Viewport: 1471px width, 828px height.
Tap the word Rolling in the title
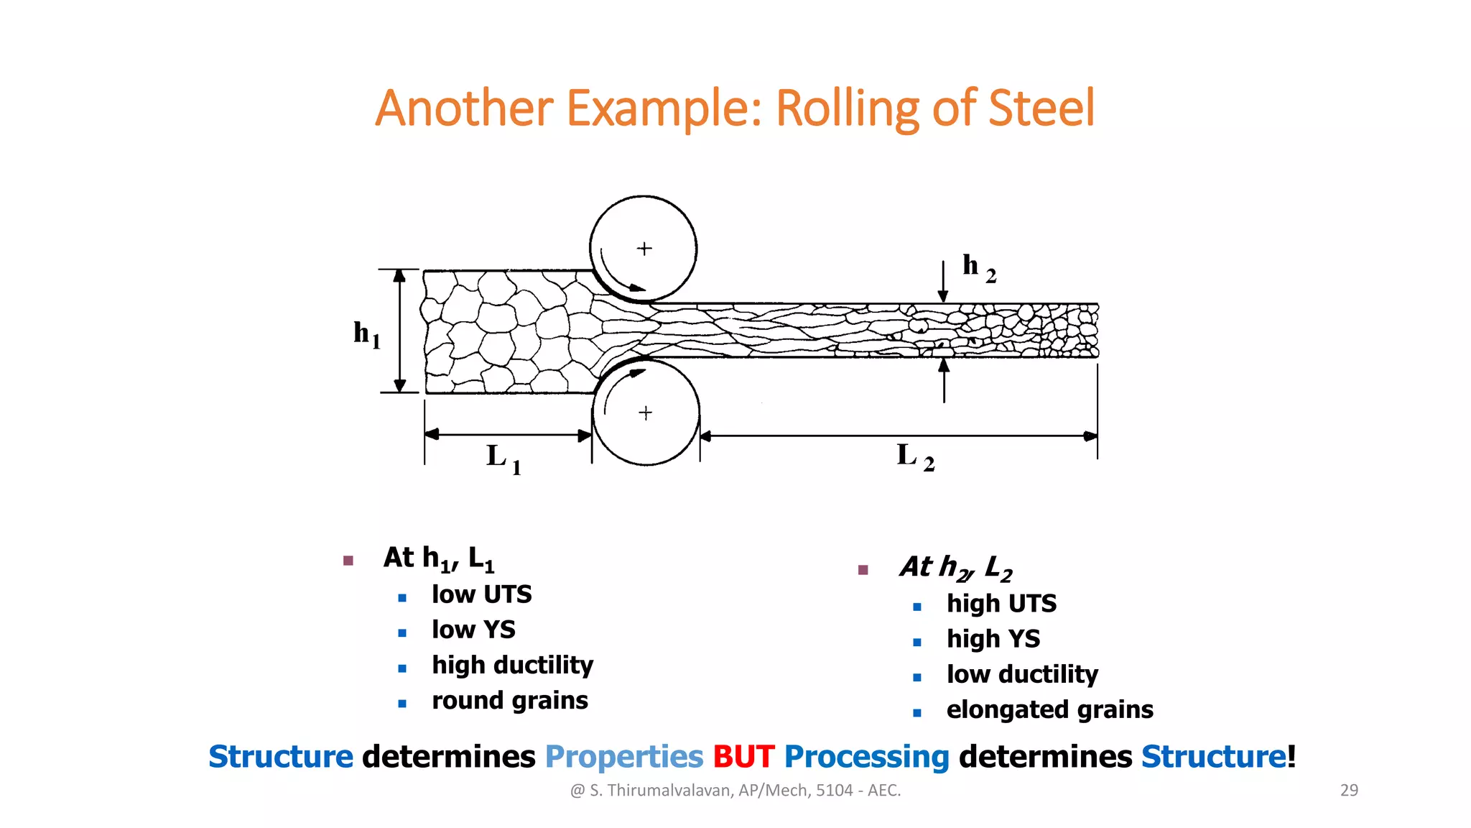pyautogui.click(x=848, y=108)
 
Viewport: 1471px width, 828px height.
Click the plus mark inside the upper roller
pyautogui.click(x=644, y=249)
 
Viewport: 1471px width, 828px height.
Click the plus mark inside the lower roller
pyautogui.click(x=646, y=413)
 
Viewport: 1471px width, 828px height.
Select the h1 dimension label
pyautogui.click(x=366, y=334)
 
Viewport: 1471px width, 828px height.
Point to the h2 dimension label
pyautogui.click(x=978, y=267)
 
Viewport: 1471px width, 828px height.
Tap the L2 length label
pyautogui.click(x=915, y=456)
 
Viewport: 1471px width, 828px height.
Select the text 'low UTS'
pyautogui.click(x=481, y=594)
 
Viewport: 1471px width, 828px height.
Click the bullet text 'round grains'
pyautogui.click(x=509, y=700)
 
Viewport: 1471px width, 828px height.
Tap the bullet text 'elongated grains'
pyautogui.click(x=1049, y=709)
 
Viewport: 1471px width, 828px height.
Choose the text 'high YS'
pyautogui.click(x=993, y=638)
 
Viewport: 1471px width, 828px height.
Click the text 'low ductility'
pyautogui.click(x=1022, y=674)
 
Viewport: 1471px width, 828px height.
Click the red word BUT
pyautogui.click(x=743, y=757)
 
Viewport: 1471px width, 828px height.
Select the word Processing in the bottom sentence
pyautogui.click(x=866, y=757)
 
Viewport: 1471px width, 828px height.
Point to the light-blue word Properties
pyautogui.click(x=623, y=757)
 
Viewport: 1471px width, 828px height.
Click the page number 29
pyautogui.click(x=1349, y=790)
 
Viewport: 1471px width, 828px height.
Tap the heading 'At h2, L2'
pyautogui.click(x=955, y=567)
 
